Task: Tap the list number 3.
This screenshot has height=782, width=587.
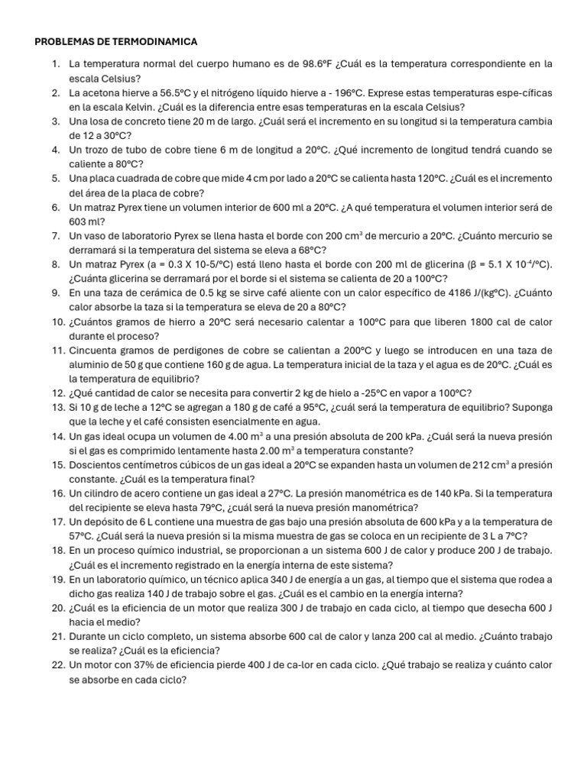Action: point(57,121)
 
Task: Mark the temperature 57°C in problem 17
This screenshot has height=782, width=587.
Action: point(83,536)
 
